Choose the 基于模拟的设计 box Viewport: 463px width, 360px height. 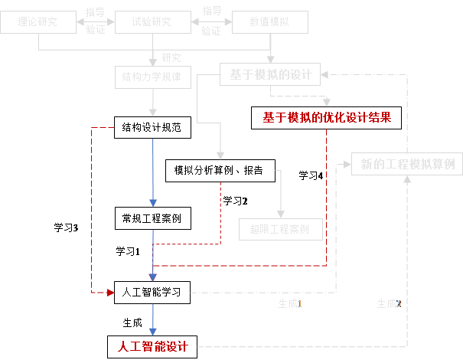270,74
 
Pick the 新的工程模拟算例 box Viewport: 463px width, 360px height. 407,165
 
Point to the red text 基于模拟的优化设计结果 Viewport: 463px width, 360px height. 328,118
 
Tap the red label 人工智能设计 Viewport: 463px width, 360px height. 153,346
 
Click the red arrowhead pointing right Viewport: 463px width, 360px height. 110,292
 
